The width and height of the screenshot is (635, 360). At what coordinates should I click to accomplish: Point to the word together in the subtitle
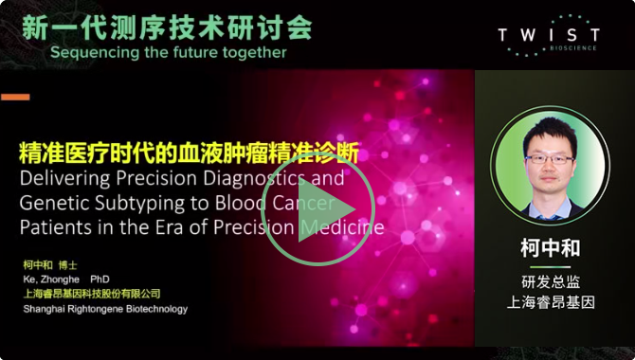pos(252,53)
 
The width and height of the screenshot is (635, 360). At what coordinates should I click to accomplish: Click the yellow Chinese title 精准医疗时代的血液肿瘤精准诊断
pos(189,153)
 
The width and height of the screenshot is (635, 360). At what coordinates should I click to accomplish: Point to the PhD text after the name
pos(100,280)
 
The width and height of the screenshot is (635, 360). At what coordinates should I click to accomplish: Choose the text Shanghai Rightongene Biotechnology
pos(104,309)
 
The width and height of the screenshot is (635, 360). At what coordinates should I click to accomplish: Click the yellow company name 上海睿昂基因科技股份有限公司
pos(91,295)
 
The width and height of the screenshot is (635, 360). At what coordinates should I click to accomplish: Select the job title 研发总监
pos(550,282)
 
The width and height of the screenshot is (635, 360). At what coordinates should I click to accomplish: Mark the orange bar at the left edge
pos(15,97)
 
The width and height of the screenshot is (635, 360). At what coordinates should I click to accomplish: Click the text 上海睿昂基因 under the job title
pos(550,302)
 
